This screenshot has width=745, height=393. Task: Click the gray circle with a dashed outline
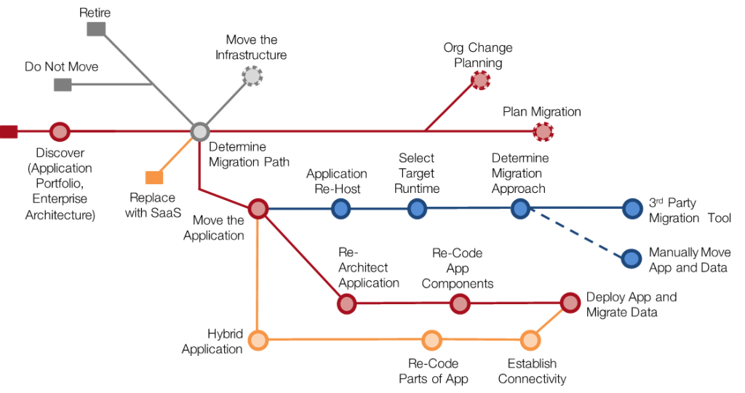[252, 76]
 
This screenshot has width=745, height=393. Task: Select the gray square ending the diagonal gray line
[96, 29]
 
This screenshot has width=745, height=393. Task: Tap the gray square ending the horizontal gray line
[63, 84]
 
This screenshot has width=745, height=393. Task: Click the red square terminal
[9, 132]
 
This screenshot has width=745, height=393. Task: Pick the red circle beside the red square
[60, 132]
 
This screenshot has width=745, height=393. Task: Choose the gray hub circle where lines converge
[199, 132]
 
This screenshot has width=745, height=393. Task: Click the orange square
[154, 178]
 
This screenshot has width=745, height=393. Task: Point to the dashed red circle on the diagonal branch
[480, 80]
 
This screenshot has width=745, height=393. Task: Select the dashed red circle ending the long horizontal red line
[543, 132]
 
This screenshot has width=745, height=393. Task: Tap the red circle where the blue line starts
[258, 209]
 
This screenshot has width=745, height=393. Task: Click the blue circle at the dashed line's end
[632, 258]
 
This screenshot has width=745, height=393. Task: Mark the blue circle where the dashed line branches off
[520, 209]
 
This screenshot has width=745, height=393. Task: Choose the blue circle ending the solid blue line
[632, 209]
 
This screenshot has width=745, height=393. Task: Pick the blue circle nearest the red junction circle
[340, 209]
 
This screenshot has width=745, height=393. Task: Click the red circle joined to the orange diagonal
[570, 303]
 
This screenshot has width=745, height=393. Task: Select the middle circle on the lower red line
[460, 303]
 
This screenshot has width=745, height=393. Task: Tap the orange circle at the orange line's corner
[258, 340]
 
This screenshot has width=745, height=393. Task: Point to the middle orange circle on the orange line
[431, 340]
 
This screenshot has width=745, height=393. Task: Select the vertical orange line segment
[258, 277]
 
